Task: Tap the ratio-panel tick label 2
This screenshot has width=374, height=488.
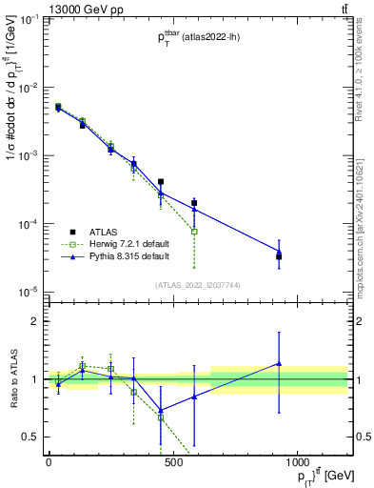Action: [35, 321]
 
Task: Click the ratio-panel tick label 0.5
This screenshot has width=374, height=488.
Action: [31, 437]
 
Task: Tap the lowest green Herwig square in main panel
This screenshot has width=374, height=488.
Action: [194, 232]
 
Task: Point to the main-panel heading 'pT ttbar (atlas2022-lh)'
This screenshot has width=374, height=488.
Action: [200, 37]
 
